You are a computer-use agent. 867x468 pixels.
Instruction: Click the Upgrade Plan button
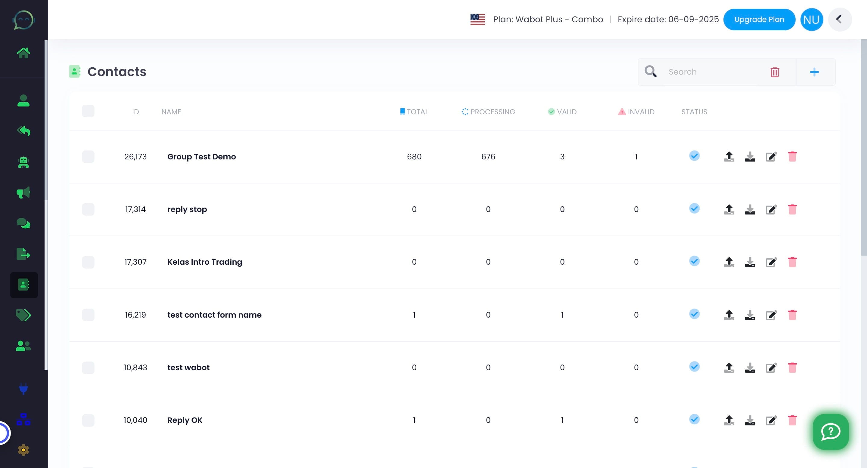point(759,20)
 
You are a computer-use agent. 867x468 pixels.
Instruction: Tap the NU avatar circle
point(812,20)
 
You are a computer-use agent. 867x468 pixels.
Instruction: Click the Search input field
point(710,72)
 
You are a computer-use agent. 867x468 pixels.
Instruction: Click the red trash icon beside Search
point(775,72)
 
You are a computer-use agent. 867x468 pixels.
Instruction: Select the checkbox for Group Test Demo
point(88,157)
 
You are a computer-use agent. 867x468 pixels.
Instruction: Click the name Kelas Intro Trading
point(205,262)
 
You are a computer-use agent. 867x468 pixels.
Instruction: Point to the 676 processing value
point(488,157)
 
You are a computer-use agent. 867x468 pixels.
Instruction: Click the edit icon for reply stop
point(771,209)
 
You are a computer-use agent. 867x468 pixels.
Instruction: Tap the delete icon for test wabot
point(792,368)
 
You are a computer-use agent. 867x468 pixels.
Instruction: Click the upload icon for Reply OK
point(729,420)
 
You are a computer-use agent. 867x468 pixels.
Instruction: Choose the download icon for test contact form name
point(750,315)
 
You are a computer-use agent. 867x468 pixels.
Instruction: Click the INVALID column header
point(636,112)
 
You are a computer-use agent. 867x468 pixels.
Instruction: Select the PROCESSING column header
point(488,112)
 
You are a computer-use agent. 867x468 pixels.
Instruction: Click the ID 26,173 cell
point(135,157)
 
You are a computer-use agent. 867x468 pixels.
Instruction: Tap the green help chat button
point(830,432)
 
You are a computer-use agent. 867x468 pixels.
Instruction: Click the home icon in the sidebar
point(23,53)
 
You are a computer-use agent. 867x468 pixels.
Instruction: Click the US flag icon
point(477,20)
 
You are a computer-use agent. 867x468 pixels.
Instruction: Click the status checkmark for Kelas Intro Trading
point(694,261)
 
